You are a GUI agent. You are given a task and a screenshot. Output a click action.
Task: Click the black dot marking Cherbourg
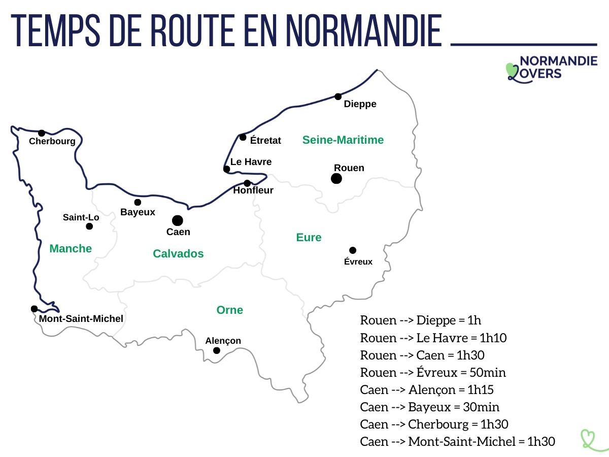(x=42, y=133)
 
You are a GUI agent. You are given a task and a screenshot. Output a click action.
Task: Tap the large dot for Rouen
(x=336, y=178)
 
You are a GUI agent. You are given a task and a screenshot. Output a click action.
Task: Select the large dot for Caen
(x=177, y=220)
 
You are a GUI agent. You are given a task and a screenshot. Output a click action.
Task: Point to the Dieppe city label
(x=360, y=104)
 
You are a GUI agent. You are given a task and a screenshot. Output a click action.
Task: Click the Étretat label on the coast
(x=265, y=140)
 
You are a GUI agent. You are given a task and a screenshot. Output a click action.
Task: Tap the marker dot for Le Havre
(x=227, y=169)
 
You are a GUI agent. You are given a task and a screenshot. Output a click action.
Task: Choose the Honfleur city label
(x=253, y=191)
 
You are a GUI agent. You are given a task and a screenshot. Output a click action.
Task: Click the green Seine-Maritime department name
(x=343, y=140)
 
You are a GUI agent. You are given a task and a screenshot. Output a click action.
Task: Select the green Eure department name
(x=309, y=237)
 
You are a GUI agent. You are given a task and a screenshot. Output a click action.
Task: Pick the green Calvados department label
(x=178, y=253)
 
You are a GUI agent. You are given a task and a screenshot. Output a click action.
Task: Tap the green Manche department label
(x=71, y=248)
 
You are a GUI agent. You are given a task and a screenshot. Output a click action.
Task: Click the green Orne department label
(x=229, y=310)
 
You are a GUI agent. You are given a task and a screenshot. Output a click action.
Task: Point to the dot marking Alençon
(x=217, y=350)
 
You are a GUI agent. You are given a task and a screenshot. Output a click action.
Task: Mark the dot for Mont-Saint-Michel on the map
(x=34, y=309)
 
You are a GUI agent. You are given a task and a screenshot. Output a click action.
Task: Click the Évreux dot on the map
(x=353, y=250)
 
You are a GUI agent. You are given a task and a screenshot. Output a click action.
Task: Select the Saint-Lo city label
(x=81, y=217)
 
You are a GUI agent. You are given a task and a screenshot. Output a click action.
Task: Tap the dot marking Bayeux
(x=138, y=202)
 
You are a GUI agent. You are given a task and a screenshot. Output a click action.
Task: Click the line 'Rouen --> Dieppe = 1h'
(x=420, y=320)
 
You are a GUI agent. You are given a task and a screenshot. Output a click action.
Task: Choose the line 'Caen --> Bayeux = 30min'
(x=429, y=407)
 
